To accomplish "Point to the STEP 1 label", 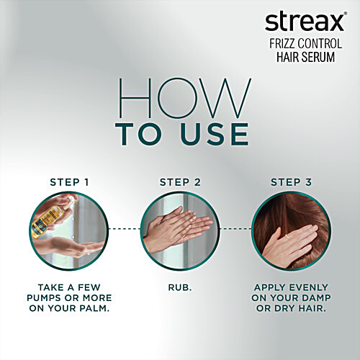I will click(69, 181).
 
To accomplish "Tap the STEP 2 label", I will click(179, 181).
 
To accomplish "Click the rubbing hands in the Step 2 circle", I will click(179, 229).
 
